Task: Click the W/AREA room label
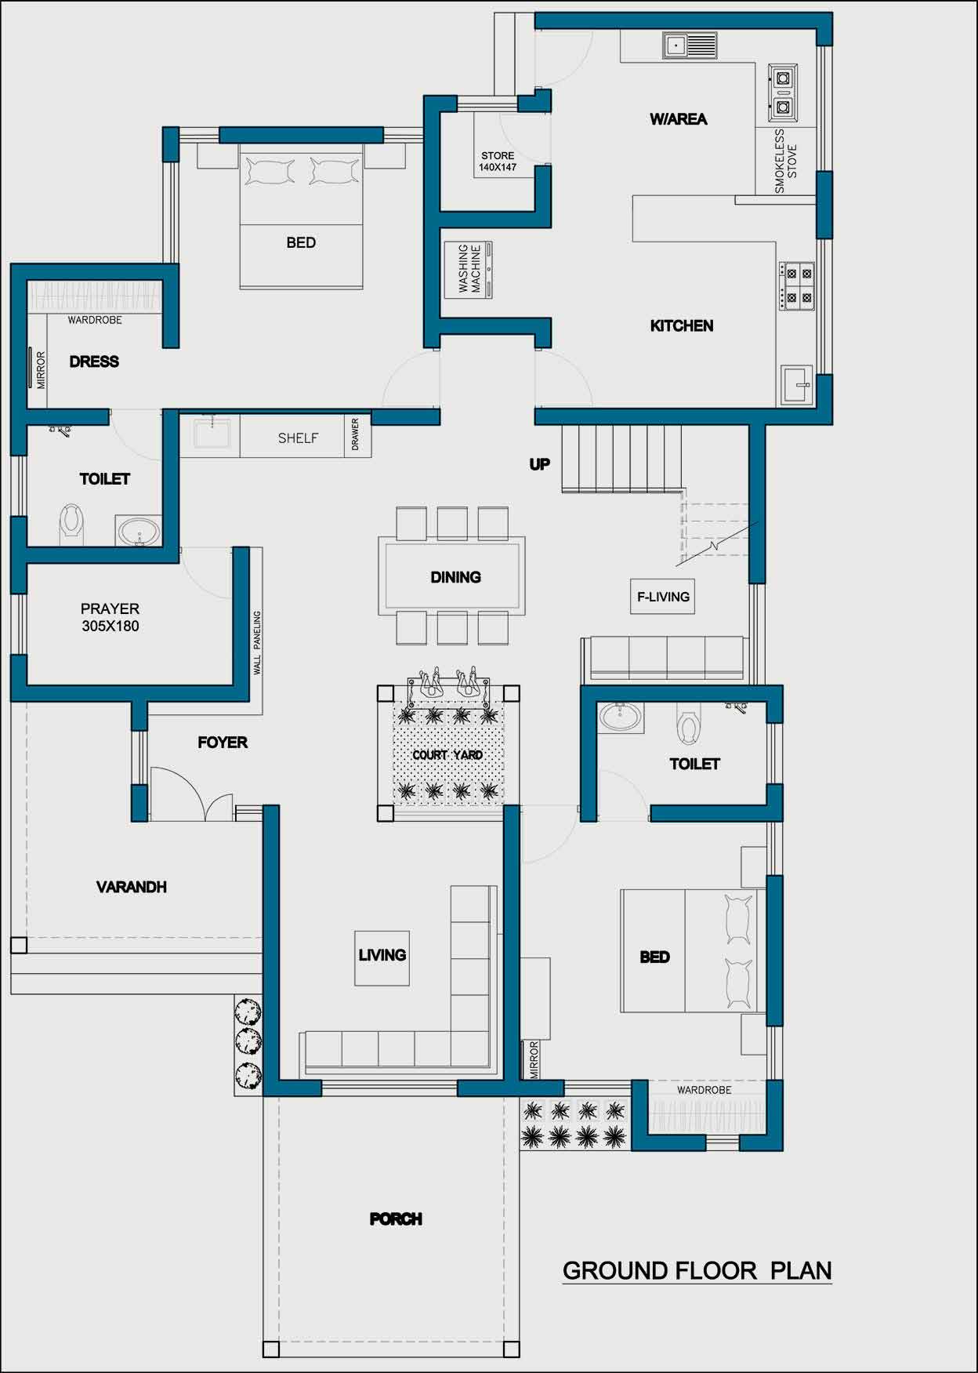coord(678,119)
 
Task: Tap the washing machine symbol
coord(469,270)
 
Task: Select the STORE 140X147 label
coord(498,162)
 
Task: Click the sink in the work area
coord(690,45)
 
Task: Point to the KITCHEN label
coord(682,326)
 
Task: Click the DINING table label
coord(455,578)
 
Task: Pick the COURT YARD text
coord(447,755)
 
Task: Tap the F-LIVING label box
coord(663,597)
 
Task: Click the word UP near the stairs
coord(539,465)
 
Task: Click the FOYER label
coord(223,743)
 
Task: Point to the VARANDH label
coord(132,887)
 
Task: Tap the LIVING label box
coord(382,957)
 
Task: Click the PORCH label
coord(396,1219)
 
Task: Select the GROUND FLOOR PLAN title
coord(697,1271)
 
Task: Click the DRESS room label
coord(94,362)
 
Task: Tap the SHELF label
coord(298,438)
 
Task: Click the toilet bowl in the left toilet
coord(72,524)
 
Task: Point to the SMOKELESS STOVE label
coord(785,162)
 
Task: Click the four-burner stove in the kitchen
coord(797,286)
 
